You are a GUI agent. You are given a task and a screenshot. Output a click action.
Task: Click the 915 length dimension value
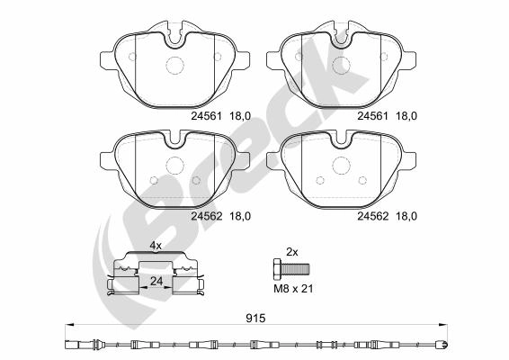255,318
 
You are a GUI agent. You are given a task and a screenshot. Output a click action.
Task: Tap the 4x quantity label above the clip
156,246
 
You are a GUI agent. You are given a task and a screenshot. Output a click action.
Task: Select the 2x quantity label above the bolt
291,252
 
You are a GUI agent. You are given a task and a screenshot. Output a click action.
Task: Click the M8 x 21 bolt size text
293,288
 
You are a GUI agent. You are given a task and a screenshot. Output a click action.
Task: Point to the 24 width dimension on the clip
156,281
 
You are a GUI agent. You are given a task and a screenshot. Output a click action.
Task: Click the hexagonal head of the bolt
277,269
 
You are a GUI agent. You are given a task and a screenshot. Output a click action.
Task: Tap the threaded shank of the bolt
295,269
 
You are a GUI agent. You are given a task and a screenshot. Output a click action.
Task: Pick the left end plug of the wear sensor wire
71,345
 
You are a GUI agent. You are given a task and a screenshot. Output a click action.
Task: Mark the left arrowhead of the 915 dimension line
70,324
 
